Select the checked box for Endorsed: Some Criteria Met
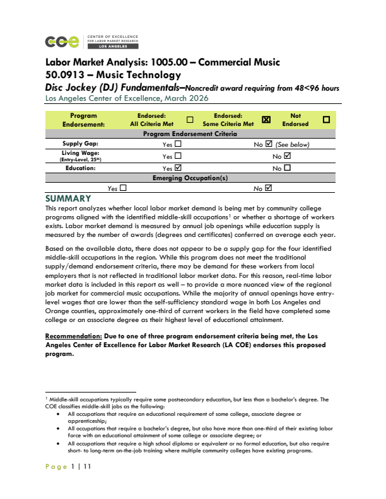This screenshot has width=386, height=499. tap(266, 120)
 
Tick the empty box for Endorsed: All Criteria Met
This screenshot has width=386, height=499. tap(190, 120)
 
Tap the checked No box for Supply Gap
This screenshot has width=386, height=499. tap(269, 144)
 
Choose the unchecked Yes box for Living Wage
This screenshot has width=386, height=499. tap(178, 156)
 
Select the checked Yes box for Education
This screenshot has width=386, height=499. tap(178, 168)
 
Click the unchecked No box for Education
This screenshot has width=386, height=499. tap(287, 168)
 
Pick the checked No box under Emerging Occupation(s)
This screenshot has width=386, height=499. tap(269, 188)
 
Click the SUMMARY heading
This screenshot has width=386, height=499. tap(69, 198)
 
